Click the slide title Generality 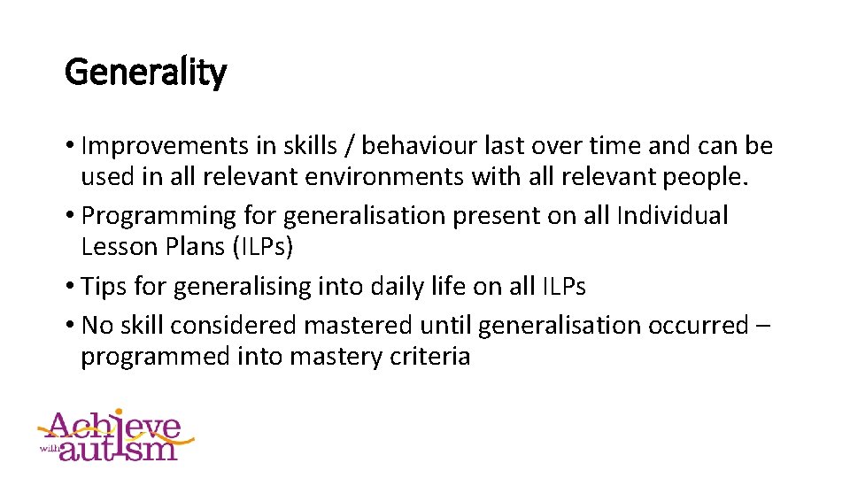point(145,73)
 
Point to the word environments point(385,177)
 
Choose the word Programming point(158,215)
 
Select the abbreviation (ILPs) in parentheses point(262,248)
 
